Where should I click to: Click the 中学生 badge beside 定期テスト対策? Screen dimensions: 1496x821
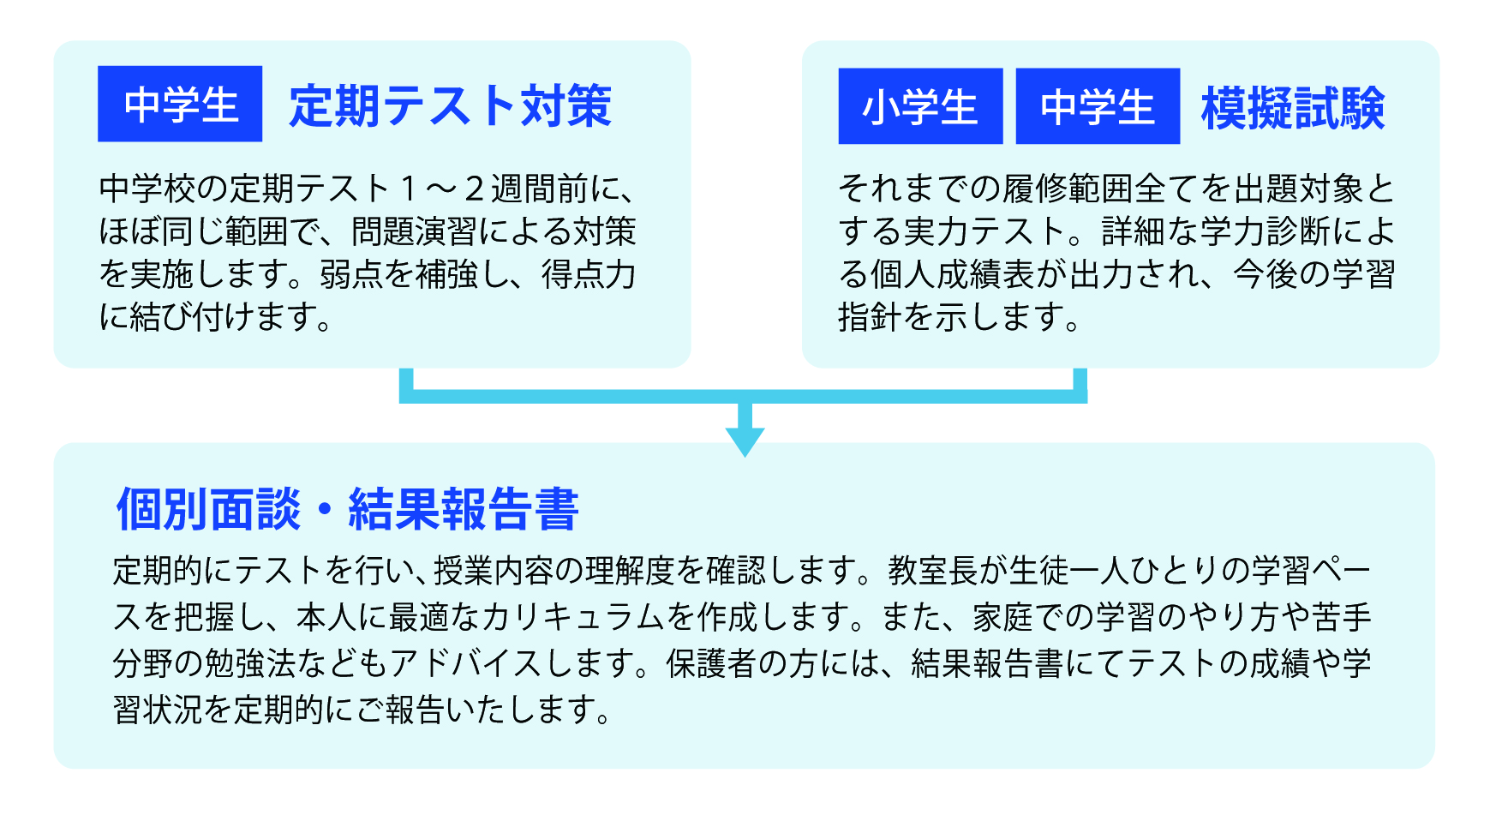tap(180, 104)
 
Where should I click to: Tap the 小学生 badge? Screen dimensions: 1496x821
tap(920, 106)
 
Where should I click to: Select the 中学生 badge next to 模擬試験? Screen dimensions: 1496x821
tap(1098, 106)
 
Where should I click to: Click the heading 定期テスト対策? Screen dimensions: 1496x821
tap(450, 106)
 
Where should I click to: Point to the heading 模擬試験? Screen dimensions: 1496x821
tap(1293, 109)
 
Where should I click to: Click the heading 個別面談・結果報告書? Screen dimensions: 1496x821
tap(348, 509)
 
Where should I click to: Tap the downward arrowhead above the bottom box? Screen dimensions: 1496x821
tap(745, 441)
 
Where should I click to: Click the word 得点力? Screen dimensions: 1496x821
tap(589, 274)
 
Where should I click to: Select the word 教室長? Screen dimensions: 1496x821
tap(932, 570)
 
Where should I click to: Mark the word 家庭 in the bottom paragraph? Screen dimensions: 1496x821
tap(1003, 617)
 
